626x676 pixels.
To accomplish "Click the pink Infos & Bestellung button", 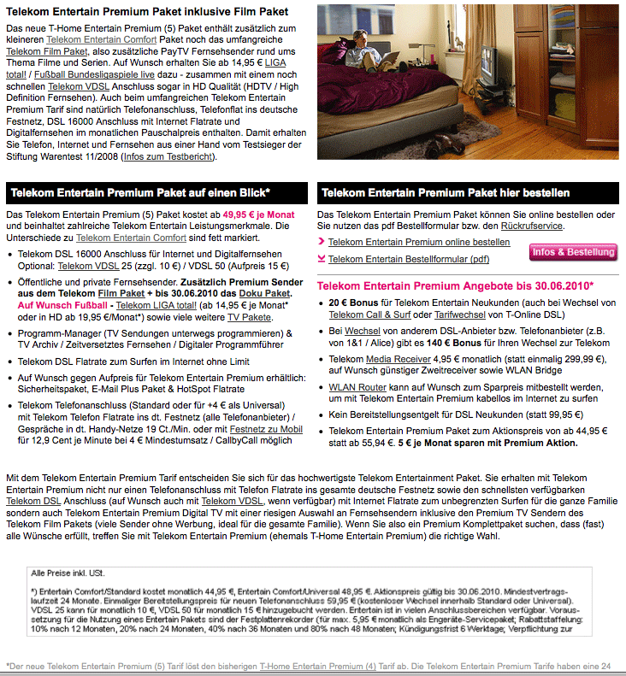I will [x=573, y=252].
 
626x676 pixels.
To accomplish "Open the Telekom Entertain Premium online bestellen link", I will [x=419, y=243].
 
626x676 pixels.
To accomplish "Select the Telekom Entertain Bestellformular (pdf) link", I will [x=409, y=259].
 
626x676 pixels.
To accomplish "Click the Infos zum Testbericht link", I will [x=169, y=156].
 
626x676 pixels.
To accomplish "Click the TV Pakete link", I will [x=249, y=317].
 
